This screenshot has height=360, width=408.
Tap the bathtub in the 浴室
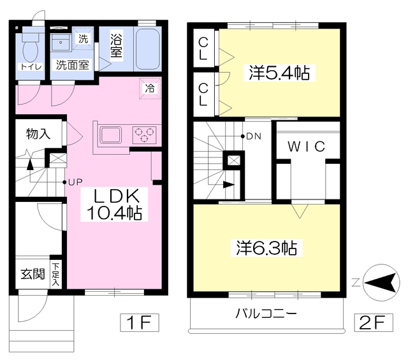148,49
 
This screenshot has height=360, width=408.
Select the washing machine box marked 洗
83,38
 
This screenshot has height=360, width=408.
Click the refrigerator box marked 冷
150,89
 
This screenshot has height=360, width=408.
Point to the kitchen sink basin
111,134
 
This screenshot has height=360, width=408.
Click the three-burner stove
144,134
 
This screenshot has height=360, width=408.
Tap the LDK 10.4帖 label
114,205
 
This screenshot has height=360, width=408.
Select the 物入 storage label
38,134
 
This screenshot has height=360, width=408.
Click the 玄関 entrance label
33,274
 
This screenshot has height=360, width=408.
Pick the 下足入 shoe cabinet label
55,275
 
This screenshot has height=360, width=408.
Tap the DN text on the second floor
254,136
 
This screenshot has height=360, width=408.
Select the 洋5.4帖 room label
279,73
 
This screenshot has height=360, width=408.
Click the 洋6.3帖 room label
266,248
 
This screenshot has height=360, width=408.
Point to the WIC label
307,147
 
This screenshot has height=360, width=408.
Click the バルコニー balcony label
266,313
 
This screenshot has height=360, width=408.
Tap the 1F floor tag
139,323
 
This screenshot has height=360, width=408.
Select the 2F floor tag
374,323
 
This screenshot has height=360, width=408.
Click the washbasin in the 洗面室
61,42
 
